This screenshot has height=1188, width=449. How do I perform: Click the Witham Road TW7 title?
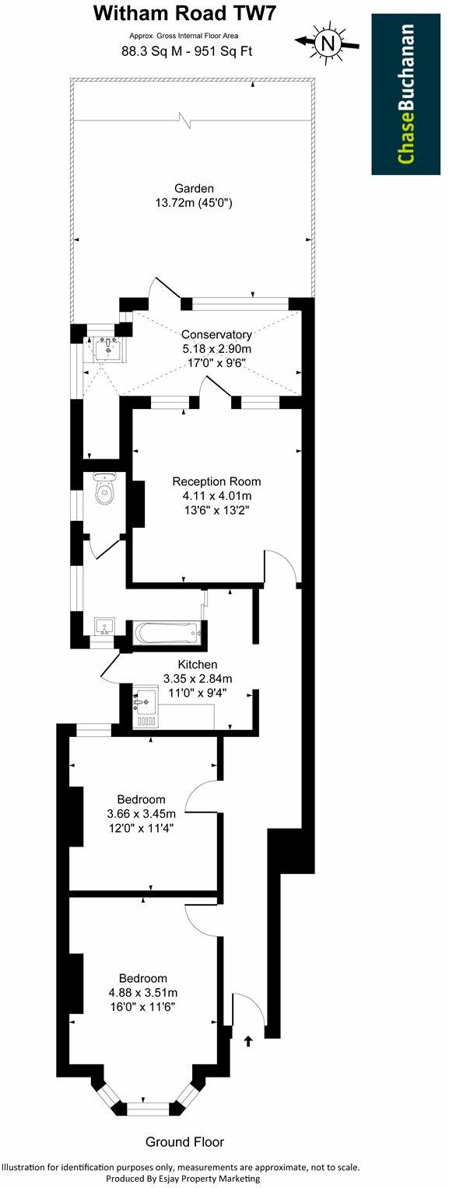(184, 13)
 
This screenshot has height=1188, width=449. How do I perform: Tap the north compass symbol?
(327, 43)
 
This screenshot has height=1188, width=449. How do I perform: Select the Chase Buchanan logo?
(405, 93)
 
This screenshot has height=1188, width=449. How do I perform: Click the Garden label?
(194, 188)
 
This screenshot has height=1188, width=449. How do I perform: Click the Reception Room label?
(216, 481)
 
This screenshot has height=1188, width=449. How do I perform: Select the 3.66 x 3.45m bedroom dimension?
(141, 814)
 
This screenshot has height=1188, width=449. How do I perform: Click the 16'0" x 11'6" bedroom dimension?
(142, 1006)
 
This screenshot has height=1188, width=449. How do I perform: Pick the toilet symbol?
(103, 489)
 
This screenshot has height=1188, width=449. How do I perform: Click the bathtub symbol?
(167, 632)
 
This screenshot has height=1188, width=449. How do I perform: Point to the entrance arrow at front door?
(249, 1040)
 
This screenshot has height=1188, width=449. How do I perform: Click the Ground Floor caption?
(185, 1141)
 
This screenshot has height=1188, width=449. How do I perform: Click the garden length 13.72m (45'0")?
(195, 203)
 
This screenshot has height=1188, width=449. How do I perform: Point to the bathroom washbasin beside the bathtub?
(104, 627)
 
